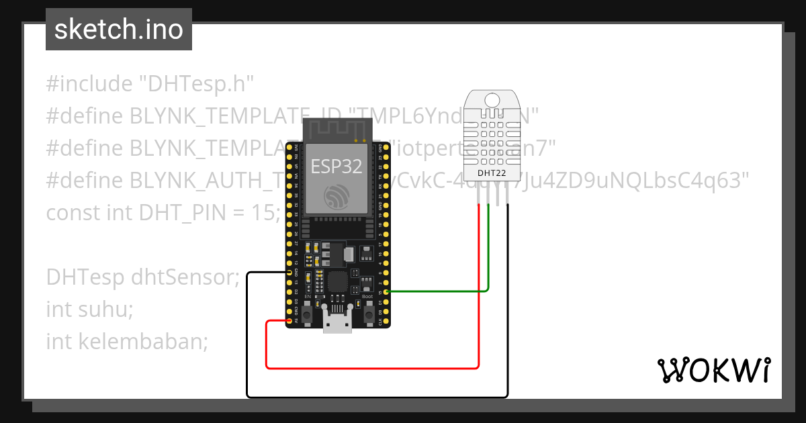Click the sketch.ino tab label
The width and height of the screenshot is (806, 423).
tap(119, 30)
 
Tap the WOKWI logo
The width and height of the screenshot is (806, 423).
tap(713, 370)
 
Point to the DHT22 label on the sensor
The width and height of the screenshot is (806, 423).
tap(492, 173)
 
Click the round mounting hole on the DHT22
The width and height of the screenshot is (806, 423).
tap(492, 101)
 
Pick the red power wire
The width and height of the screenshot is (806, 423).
tap(373, 368)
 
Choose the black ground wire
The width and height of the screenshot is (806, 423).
tap(376, 397)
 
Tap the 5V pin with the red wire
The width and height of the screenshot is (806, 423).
tap(289, 321)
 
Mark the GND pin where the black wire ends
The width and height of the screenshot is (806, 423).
tap(289, 273)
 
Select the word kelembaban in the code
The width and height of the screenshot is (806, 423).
tap(143, 342)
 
